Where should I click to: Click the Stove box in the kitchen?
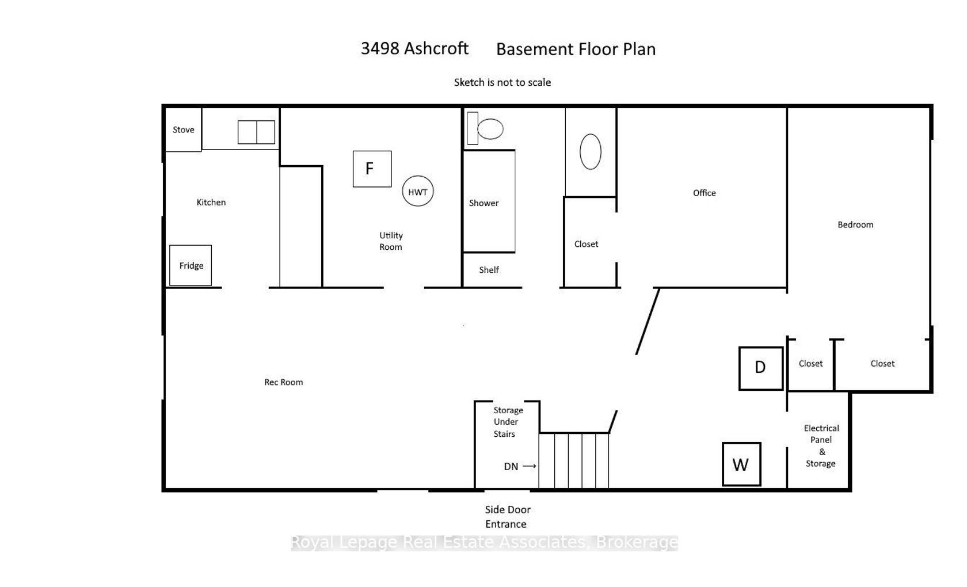coord(184,129)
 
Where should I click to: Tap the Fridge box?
coord(191,265)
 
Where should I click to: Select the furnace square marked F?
coord(372,169)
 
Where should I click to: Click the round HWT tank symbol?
coord(418,191)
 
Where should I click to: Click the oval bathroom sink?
coord(591,151)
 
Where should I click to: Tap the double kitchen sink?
coord(257,132)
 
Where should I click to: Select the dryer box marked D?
coord(761,368)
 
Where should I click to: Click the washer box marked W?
coord(741,464)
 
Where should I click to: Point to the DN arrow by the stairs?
coord(530,466)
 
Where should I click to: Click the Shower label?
coord(483,203)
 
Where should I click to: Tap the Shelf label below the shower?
coord(489,270)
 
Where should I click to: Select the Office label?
coord(704,193)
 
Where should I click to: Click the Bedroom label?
coord(855,224)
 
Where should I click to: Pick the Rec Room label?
coord(283,382)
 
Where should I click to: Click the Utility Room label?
coord(391,241)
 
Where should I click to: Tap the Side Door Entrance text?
coord(507,517)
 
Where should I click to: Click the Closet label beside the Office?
coord(586,244)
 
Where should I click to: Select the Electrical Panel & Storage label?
coord(821,445)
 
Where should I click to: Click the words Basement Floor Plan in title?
coord(576,49)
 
